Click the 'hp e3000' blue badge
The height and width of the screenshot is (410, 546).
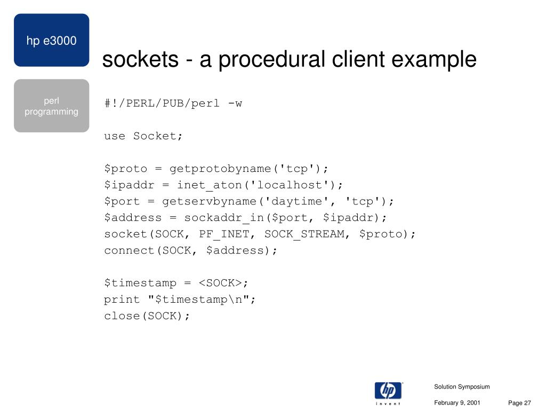pos(51,41)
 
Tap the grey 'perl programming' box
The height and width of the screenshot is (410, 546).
pos(51,106)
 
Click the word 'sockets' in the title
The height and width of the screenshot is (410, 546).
pos(140,59)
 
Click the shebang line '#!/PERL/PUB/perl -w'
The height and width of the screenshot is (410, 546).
pos(173,103)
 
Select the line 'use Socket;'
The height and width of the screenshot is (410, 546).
pos(143,136)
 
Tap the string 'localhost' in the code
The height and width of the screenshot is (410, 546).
pos(296,185)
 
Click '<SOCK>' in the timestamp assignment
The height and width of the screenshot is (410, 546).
pos(220,283)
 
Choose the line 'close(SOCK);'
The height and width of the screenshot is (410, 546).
pos(147,316)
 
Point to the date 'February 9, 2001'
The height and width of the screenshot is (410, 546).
pos(457,403)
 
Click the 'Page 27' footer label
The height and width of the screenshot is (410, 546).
pos(520,403)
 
